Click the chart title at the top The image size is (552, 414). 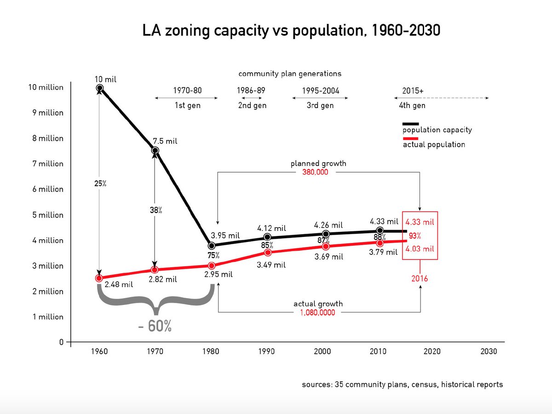pos(291,31)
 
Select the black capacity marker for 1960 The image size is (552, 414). pos(99,88)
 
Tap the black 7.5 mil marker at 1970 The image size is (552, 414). pos(155,150)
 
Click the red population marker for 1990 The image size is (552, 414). pos(268,253)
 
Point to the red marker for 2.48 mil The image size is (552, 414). pos(99,278)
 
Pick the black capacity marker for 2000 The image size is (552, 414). pos(326,234)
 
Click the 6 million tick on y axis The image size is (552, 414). pos(48,189)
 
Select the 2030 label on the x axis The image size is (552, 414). pos(489,351)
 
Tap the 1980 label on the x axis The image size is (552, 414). pos(211,351)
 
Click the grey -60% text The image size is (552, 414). pos(155,326)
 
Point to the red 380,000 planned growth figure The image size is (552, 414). pos(315,172)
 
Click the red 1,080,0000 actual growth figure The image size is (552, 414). pos(317,312)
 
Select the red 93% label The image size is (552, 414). pos(415,236)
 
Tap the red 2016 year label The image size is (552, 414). pos(420,278)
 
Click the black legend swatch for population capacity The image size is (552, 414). pos(410,124)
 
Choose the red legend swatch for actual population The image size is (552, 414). pos(410,138)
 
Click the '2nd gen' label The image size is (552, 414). pos(252,105)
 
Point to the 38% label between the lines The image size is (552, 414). pos(156,210)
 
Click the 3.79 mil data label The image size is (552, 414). pos(383,252)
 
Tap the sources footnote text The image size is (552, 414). pos(402,385)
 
